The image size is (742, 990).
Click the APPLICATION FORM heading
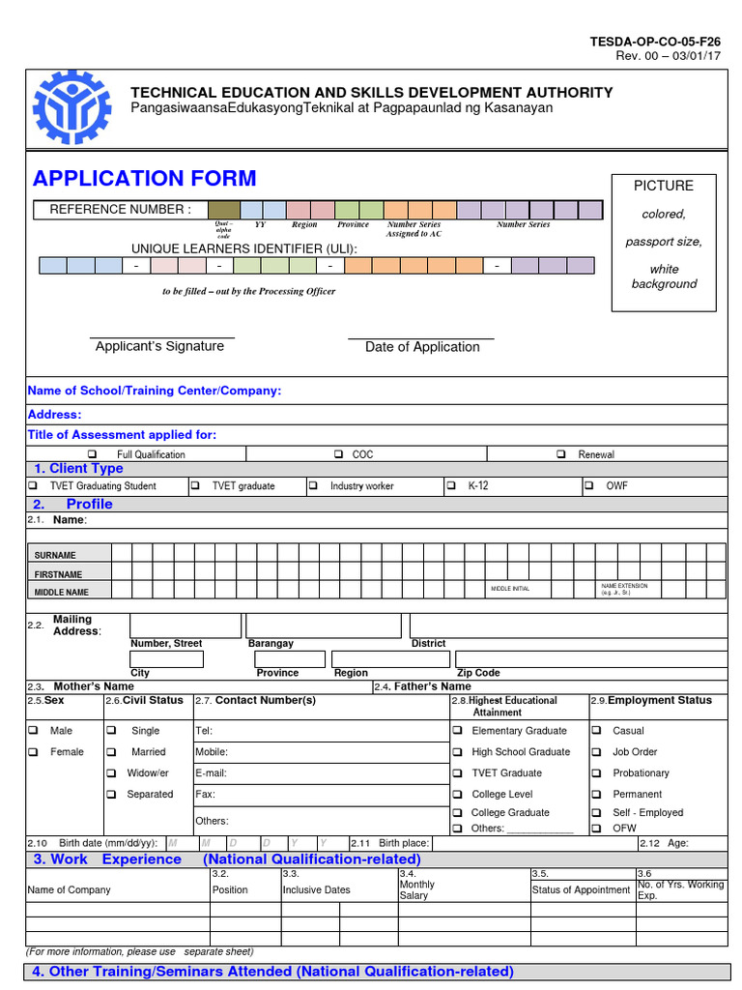[x=145, y=178]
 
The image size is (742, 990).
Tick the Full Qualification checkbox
[x=93, y=454]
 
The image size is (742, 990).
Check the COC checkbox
[x=339, y=454]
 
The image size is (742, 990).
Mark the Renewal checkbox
[x=561, y=454]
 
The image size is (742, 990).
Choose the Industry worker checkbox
[x=313, y=486]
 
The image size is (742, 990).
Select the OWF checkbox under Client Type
[x=589, y=486]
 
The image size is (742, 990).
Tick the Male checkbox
[x=33, y=731]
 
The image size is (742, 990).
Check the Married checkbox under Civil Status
[x=112, y=752]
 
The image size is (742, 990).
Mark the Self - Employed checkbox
[x=596, y=813]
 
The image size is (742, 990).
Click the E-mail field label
[x=211, y=773]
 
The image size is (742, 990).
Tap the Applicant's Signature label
[x=159, y=346]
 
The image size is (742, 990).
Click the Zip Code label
[x=478, y=673]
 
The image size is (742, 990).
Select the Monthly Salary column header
[x=417, y=889]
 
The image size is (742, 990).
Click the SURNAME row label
[x=55, y=556]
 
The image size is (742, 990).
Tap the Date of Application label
[x=422, y=347]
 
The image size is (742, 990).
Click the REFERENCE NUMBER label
[x=121, y=209]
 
